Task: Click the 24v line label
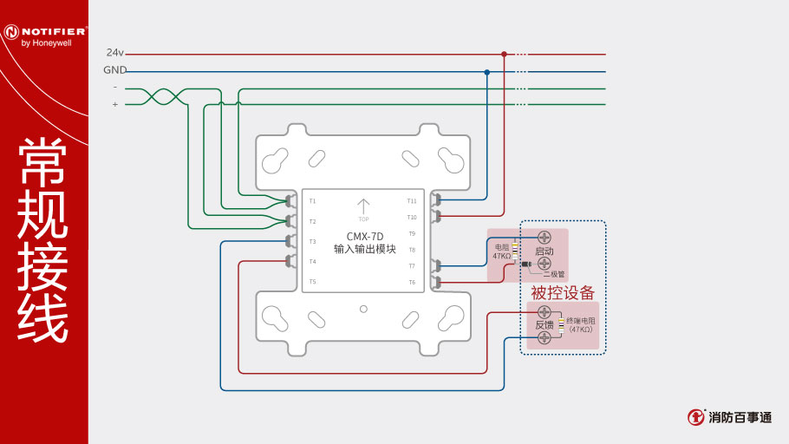[x=115, y=53]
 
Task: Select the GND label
[x=115, y=70]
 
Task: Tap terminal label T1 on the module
[x=313, y=201]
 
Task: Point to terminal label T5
[x=313, y=282]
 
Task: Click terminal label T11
[x=412, y=201]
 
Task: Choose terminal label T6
[x=412, y=282]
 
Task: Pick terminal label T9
[x=412, y=233]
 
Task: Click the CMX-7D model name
[x=364, y=236]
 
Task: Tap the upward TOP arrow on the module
[x=363, y=206]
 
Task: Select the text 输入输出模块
[x=364, y=249]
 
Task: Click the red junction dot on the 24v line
[x=504, y=54]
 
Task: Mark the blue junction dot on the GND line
[x=487, y=71]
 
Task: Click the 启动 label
[x=544, y=251]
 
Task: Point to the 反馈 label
[x=544, y=324]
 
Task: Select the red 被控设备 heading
[x=563, y=292]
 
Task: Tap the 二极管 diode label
[x=553, y=273]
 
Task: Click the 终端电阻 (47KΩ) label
[x=580, y=325]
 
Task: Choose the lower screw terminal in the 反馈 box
[x=545, y=337]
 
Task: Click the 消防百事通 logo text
[x=740, y=417]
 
